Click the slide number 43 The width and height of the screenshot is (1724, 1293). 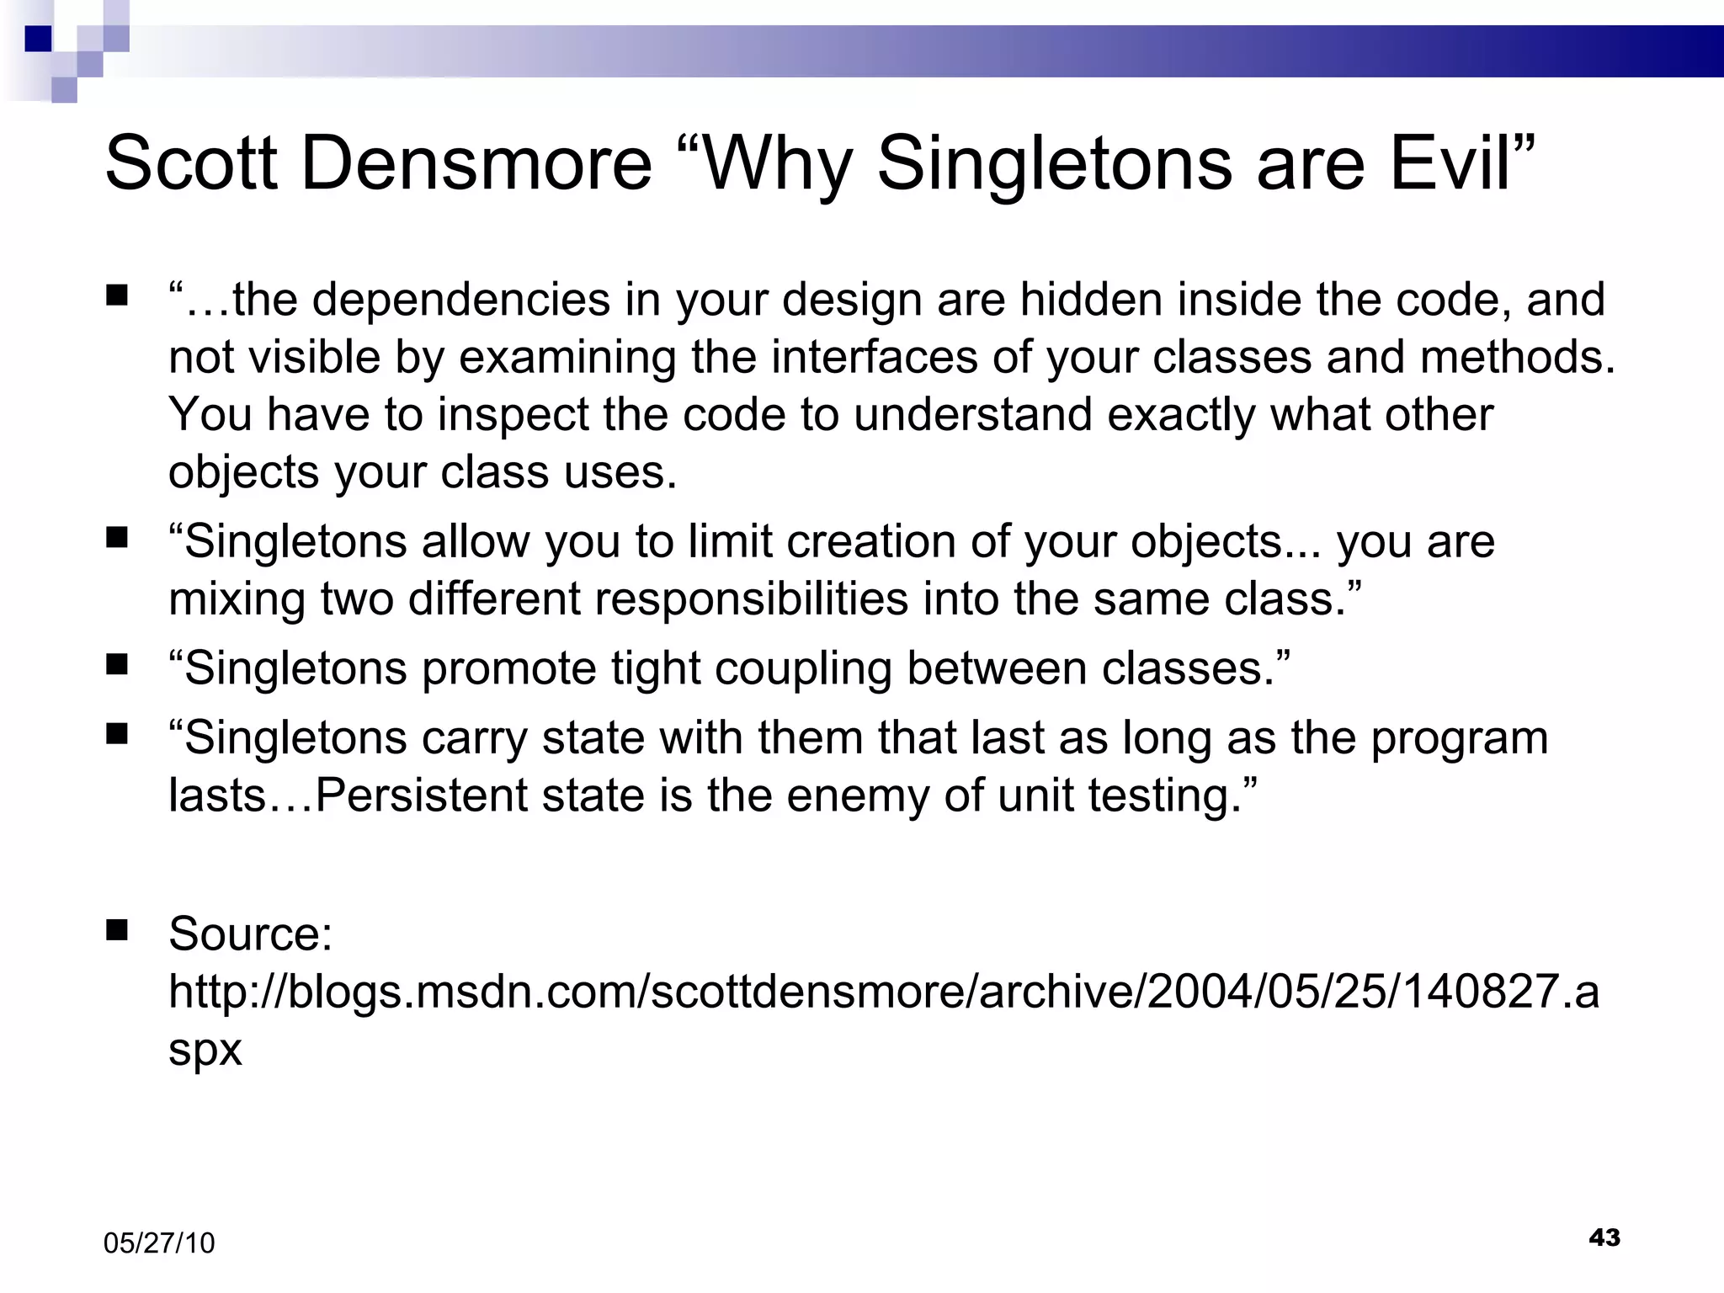click(1604, 1237)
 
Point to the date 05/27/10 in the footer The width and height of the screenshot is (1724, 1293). click(159, 1243)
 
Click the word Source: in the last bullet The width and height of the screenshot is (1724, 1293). click(251, 934)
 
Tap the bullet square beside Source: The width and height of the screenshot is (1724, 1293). click(117, 929)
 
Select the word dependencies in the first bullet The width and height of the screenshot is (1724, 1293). click(460, 300)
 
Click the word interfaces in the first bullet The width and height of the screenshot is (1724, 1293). click(874, 357)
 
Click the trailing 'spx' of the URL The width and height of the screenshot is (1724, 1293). click(205, 1050)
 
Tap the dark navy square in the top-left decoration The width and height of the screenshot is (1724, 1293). click(38, 39)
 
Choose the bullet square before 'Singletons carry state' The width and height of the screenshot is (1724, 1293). click(117, 734)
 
